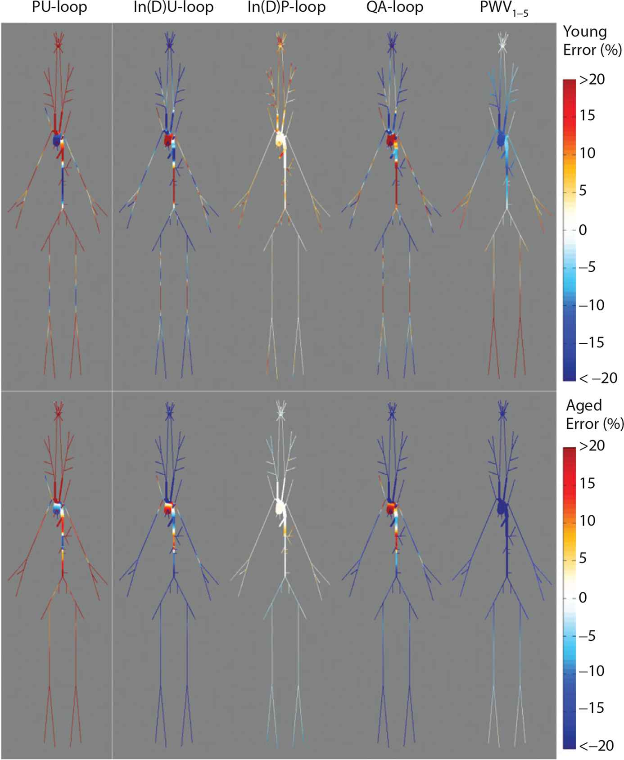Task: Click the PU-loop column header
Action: tap(59, 8)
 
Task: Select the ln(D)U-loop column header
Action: tap(173, 8)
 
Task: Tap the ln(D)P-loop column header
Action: tap(286, 8)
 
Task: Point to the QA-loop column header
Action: tap(395, 8)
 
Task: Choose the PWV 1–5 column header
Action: tap(504, 9)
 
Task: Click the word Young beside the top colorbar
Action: tap(585, 32)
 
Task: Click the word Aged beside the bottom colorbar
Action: tap(584, 405)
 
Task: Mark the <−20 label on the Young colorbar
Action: tap(598, 378)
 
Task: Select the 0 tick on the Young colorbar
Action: tap(583, 230)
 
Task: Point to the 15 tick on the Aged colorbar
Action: tap(588, 483)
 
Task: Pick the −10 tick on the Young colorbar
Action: tap(591, 305)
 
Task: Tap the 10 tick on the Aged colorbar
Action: tap(587, 521)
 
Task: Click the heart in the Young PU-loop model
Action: tap(57, 140)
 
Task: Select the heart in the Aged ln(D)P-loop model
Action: tap(280, 508)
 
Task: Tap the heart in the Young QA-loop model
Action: tap(392, 139)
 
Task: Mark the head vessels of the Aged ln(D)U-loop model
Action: tap(169, 411)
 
